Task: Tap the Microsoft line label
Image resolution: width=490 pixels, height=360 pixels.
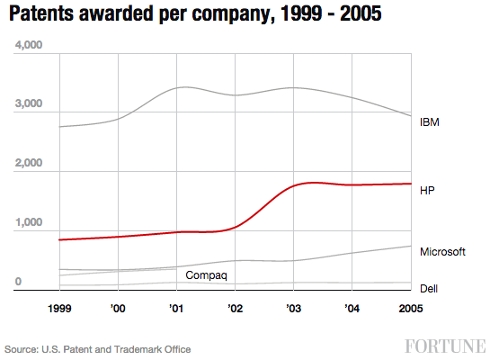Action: point(442,252)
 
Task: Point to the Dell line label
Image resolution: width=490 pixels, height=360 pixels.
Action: point(430,288)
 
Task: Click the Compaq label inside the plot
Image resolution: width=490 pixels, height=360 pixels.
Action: point(206,274)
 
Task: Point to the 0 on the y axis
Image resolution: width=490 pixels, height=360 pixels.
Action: point(18,283)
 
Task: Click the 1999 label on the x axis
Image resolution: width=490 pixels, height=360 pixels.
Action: point(59,308)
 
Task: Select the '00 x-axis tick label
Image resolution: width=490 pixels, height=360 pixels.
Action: point(119,308)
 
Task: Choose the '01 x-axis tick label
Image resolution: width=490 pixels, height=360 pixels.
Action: point(176,308)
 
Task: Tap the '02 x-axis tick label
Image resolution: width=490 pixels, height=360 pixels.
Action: point(235,308)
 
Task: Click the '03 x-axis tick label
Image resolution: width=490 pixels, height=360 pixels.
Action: point(293,308)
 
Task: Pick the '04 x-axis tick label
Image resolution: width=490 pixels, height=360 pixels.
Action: point(352,308)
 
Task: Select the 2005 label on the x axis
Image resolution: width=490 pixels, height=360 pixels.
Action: point(410,308)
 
